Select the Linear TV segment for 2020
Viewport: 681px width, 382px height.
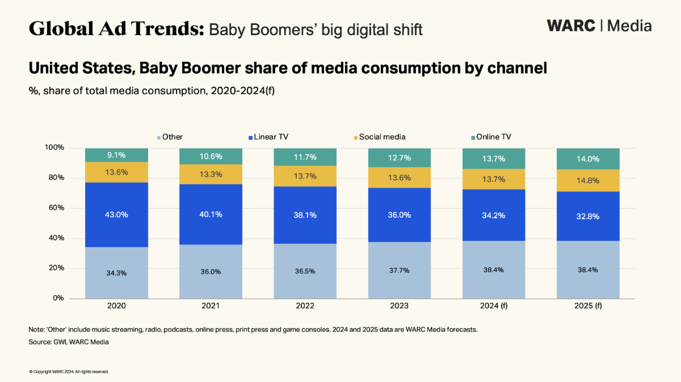tap(116, 214)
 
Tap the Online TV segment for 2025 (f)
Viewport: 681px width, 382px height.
tap(588, 159)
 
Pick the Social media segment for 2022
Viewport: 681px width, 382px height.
tap(305, 176)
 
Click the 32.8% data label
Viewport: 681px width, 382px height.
tap(588, 216)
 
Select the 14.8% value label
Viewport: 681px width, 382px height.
tap(588, 181)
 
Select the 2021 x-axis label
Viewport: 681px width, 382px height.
tap(211, 306)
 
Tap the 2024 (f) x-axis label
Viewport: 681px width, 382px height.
tap(494, 306)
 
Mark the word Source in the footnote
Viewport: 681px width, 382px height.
tap(39, 342)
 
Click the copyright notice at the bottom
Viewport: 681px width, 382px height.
tap(69, 372)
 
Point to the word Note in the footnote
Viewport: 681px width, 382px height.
tap(36, 329)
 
